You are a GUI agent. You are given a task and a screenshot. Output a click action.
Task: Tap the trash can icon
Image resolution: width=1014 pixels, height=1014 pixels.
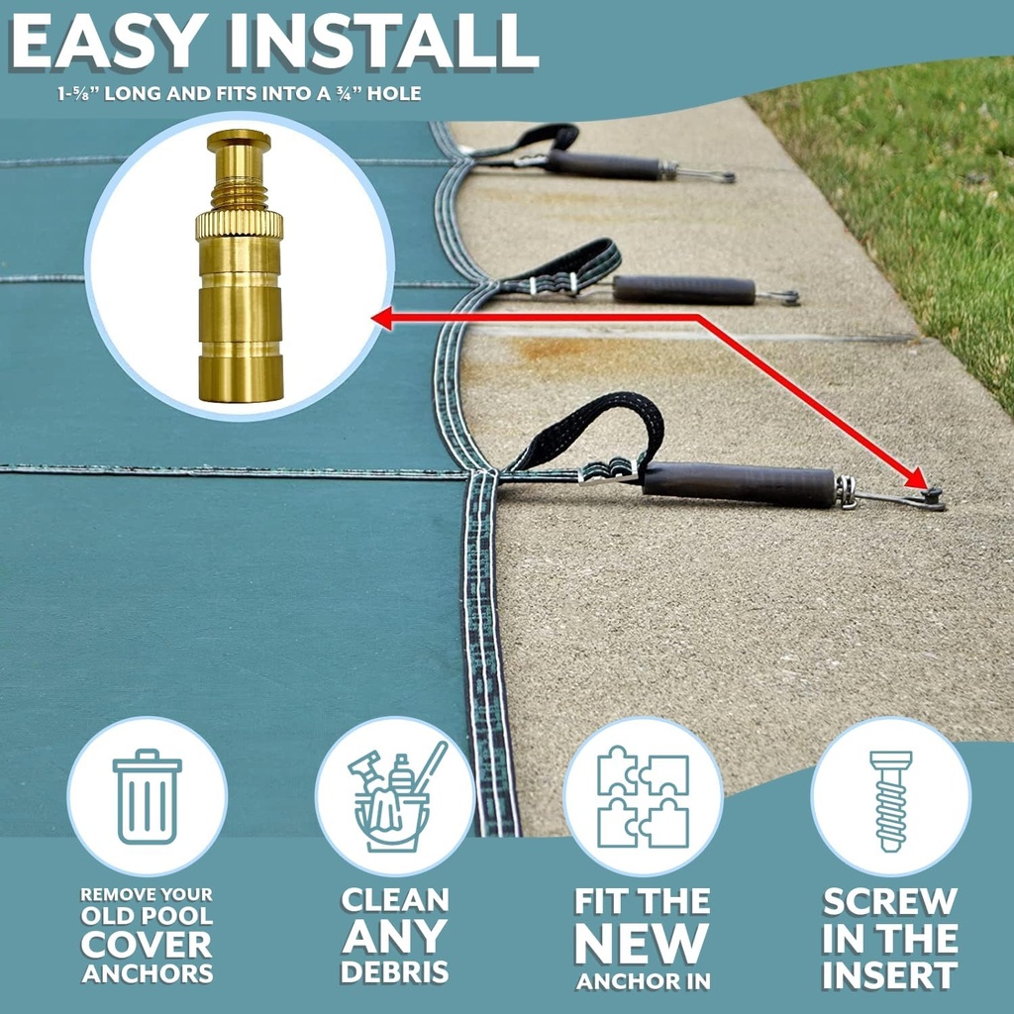[147, 796]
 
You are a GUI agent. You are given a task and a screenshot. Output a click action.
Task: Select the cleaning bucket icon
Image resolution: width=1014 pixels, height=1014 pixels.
[395, 796]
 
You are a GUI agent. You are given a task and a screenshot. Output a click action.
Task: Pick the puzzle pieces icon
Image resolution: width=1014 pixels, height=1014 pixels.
[643, 796]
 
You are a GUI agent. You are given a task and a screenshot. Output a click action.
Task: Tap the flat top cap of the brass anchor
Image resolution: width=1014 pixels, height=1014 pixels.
[239, 139]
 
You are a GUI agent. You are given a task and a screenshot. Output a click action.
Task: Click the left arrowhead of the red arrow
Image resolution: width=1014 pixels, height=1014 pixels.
[382, 317]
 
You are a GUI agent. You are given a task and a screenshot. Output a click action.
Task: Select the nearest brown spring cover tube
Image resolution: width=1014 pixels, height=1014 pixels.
[739, 484]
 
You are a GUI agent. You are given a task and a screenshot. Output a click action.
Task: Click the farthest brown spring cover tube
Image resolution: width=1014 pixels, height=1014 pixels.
[603, 165]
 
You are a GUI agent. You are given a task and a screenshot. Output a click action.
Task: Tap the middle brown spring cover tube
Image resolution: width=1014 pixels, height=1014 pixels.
[683, 290]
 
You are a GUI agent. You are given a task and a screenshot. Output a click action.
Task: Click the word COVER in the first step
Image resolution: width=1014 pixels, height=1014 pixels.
[147, 945]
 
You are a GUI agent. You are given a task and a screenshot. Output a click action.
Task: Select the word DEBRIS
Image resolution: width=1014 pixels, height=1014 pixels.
[395, 970]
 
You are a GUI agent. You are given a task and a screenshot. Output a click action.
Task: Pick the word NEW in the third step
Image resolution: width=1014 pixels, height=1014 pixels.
[643, 944]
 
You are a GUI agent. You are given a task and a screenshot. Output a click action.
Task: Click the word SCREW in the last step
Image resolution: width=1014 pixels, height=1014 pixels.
[890, 902]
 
